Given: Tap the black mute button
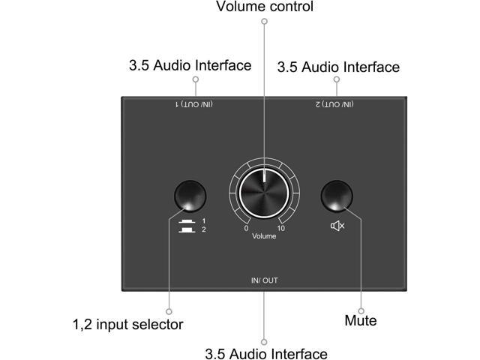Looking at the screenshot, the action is [337, 196].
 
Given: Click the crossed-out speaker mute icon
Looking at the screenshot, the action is [337, 226].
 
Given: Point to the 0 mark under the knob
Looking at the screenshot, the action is [247, 228].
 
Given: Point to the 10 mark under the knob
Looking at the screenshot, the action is [280, 228].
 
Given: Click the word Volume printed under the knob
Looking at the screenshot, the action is [264, 236].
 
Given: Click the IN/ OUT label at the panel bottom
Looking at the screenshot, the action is [264, 280].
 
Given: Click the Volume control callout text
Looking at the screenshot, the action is [264, 7].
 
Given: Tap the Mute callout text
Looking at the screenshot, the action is [360, 322].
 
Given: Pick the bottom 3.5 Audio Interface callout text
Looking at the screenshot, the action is [265, 353].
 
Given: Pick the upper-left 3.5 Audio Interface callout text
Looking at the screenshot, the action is [190, 65].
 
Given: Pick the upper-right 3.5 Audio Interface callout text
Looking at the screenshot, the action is [338, 67].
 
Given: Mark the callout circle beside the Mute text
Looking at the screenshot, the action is [361, 310].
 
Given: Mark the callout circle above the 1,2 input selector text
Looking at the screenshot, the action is [169, 310].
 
